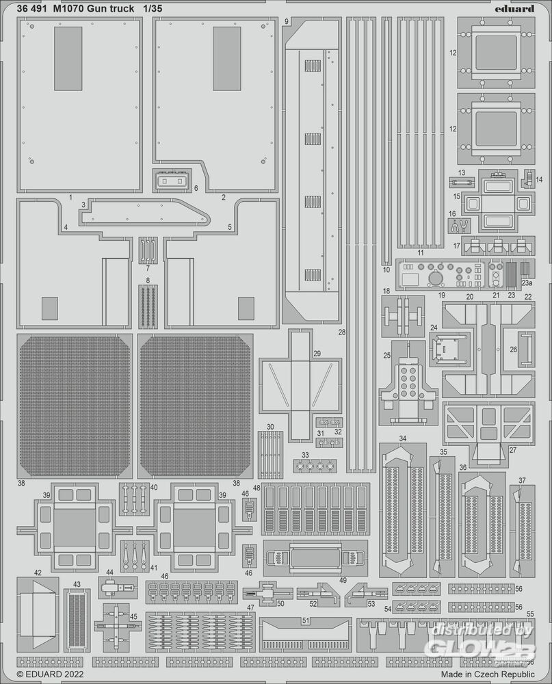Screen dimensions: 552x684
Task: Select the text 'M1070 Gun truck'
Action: coord(94,9)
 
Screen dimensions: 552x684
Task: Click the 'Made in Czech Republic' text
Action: coord(488,674)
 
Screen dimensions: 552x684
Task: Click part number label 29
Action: coord(317,354)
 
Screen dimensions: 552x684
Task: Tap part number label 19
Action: coord(442,295)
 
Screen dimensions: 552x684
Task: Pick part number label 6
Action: coord(196,188)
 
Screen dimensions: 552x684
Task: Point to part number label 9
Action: coord(286,21)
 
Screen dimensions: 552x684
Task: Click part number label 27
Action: coord(513,449)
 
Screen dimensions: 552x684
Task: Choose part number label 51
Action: coord(306,620)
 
